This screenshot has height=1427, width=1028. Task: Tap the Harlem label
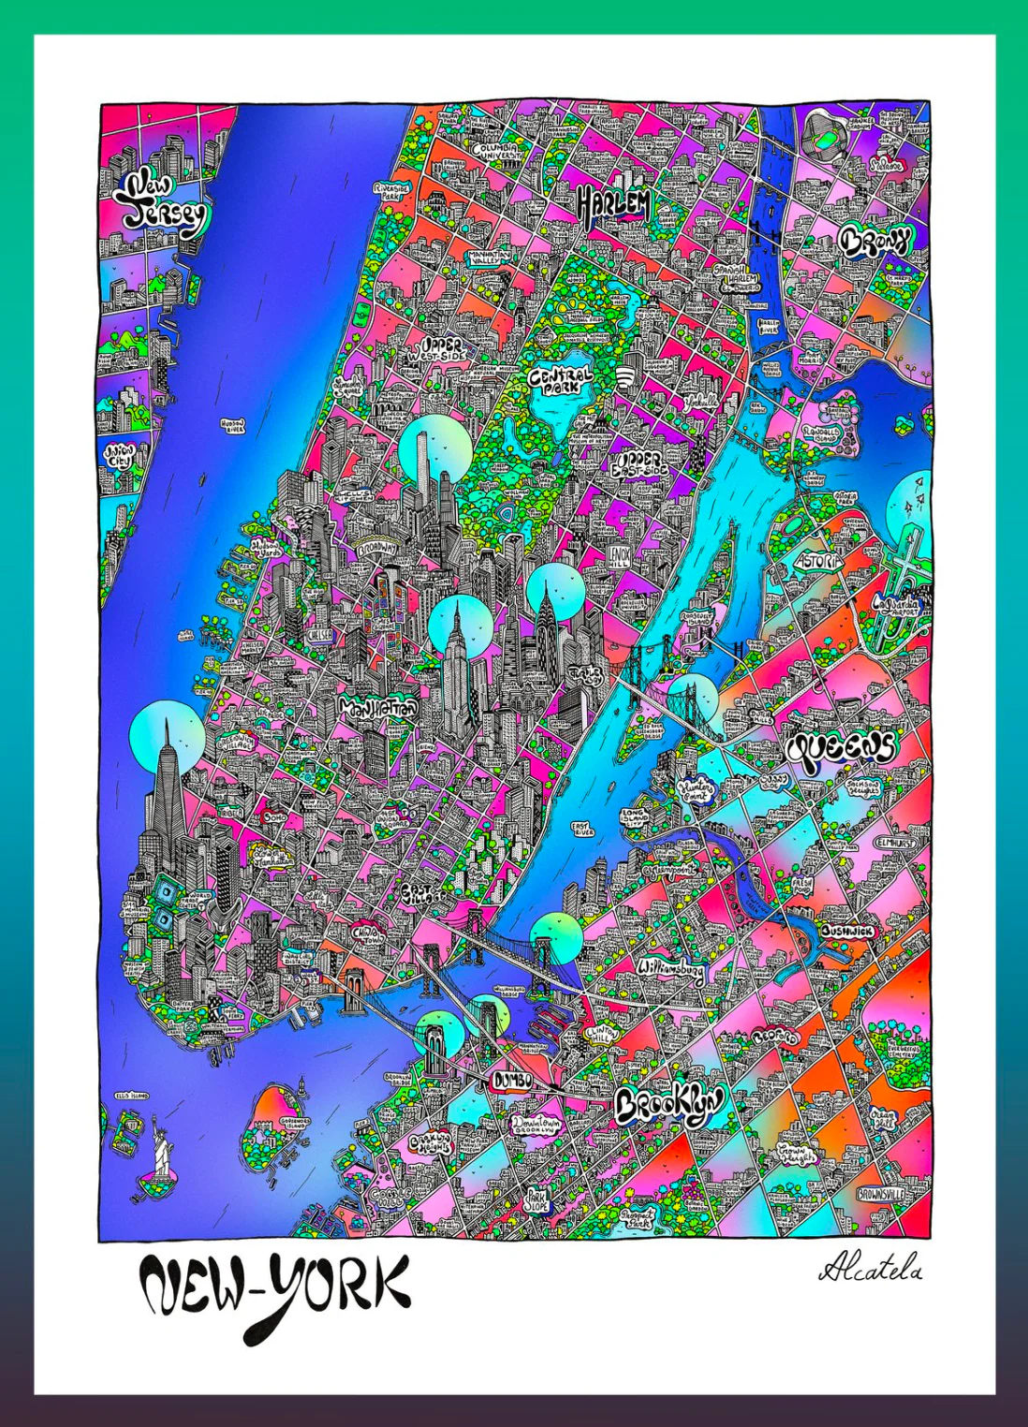(613, 204)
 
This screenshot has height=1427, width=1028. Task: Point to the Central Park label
(561, 379)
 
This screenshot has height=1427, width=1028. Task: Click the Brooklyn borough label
(669, 1105)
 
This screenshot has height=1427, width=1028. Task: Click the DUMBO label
(512, 1080)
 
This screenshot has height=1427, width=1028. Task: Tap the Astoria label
(817, 560)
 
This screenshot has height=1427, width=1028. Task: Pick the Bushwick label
(847, 933)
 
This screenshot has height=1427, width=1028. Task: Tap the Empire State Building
(456, 665)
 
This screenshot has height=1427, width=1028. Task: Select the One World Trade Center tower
(167, 796)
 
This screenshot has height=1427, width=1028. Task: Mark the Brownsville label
(881, 1195)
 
